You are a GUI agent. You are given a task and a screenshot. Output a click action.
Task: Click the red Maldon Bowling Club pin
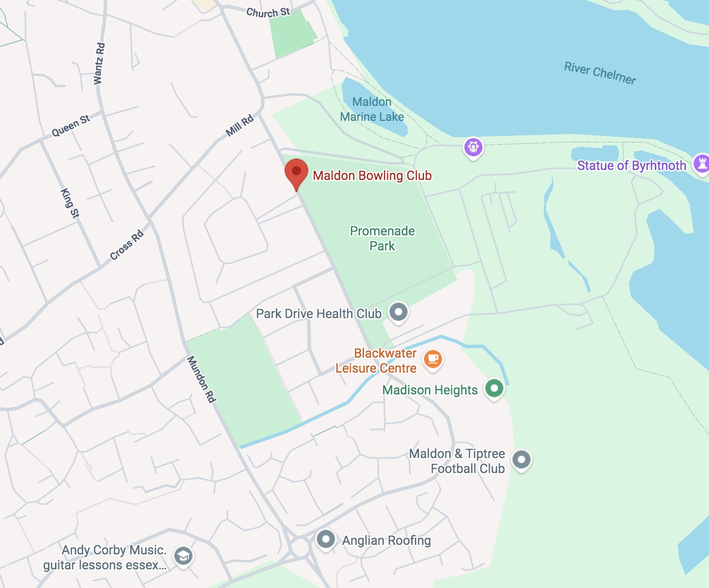296,172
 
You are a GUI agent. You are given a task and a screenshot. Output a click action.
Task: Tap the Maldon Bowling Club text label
372,176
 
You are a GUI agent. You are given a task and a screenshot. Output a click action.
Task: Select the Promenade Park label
382,239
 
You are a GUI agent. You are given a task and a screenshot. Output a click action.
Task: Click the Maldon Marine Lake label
372,110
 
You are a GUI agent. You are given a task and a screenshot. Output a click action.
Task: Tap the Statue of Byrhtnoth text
631,165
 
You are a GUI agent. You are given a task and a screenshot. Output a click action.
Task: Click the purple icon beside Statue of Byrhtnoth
701,164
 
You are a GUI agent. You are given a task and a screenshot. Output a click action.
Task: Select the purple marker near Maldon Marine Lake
473,147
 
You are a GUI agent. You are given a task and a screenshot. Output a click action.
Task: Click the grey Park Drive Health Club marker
399,312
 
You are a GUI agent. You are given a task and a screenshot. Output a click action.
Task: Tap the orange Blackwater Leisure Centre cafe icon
433,359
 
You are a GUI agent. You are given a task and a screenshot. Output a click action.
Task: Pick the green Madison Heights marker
494,389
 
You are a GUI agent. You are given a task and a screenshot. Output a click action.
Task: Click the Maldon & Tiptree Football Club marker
521,460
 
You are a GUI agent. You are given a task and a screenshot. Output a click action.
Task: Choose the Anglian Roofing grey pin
325,539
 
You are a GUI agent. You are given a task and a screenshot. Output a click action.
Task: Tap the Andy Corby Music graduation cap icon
183,556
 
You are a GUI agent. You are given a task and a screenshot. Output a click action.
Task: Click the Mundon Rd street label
201,379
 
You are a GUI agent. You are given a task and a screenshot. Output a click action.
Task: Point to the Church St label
268,12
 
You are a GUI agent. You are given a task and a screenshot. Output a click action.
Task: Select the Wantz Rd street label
99,64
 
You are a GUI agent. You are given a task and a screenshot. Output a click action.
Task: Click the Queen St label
71,126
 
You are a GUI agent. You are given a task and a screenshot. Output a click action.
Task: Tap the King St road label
70,203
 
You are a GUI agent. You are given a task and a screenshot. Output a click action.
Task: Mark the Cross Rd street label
127,245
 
